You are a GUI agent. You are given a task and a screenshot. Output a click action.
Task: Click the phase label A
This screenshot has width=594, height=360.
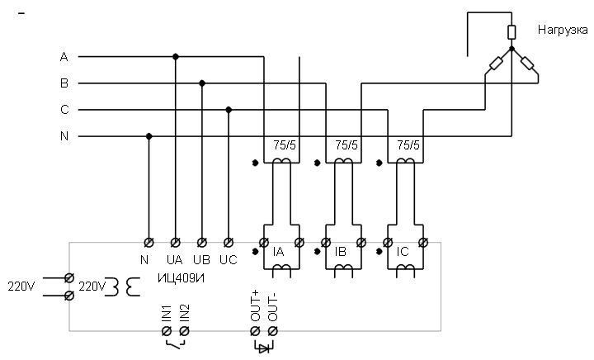(x=64, y=57)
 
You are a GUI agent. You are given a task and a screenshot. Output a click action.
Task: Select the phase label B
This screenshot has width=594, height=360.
(x=64, y=83)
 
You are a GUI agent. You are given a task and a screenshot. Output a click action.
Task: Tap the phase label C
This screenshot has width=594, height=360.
(x=64, y=110)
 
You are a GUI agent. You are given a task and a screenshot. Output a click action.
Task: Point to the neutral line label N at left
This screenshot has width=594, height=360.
(x=64, y=135)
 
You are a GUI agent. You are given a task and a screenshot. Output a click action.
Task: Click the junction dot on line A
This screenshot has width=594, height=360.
(x=176, y=57)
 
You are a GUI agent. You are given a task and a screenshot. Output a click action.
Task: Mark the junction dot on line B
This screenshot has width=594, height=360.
(x=202, y=83)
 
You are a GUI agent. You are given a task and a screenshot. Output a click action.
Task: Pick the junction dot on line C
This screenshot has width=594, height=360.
(x=229, y=110)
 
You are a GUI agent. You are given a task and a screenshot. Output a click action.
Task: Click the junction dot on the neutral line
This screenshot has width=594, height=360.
(x=148, y=136)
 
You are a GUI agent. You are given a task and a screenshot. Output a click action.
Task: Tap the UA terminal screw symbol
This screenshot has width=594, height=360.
(x=175, y=242)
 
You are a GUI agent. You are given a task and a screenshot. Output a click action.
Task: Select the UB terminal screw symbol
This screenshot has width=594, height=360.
(x=202, y=242)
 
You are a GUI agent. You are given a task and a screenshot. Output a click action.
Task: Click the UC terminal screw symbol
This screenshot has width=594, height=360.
(x=228, y=242)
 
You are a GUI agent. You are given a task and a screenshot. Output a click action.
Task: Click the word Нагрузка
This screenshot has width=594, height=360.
(x=563, y=31)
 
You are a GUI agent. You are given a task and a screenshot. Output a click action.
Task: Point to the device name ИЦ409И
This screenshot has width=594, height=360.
(x=181, y=278)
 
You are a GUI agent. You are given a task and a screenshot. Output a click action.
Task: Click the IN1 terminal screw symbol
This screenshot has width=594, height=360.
(x=167, y=331)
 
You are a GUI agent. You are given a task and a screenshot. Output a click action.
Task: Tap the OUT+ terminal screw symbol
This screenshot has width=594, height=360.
(x=255, y=331)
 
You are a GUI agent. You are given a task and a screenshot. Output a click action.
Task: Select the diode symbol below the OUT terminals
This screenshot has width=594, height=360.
(x=264, y=348)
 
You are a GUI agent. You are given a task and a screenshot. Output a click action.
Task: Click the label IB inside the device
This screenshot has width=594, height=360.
(x=341, y=252)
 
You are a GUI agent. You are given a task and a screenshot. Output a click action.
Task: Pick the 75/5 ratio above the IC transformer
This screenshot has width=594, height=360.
(x=408, y=145)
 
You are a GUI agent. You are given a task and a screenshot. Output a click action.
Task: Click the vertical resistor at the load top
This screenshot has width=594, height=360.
(x=511, y=32)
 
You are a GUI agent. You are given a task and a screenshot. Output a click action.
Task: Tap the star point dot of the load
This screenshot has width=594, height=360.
(x=511, y=49)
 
